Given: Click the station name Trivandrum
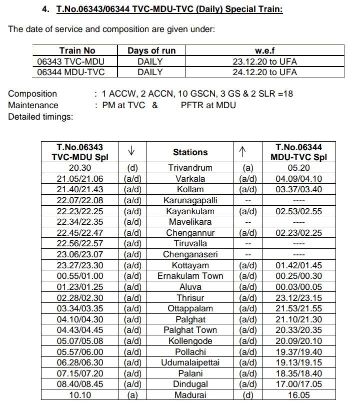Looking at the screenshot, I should pyautogui.click(x=190, y=168).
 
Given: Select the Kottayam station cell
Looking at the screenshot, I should pyautogui.click(x=190, y=265).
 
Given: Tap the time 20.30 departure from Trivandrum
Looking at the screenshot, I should pyautogui.click(x=79, y=168).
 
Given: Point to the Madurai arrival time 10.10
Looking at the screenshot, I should pyautogui.click(x=79, y=395).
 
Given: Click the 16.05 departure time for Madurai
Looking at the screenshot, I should pyautogui.click(x=298, y=395).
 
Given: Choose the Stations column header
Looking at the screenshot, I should pyautogui.click(x=190, y=152).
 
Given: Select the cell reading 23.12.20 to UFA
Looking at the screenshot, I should pyautogui.click(x=264, y=62).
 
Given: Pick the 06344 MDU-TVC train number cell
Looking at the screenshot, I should pyautogui.click(x=70, y=72).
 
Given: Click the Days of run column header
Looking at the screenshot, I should pyautogui.click(x=151, y=51).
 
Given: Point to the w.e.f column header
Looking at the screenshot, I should pyautogui.click(x=264, y=51).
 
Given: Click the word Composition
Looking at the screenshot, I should pyautogui.click(x=32, y=94).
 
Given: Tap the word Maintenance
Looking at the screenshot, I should pyautogui.click(x=33, y=105).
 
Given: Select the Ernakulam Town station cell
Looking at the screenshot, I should pyautogui.click(x=190, y=276).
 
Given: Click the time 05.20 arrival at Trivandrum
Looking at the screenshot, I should pyautogui.click(x=298, y=168).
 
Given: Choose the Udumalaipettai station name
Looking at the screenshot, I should pyautogui.click(x=190, y=362).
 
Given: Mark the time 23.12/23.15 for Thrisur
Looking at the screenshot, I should pyautogui.click(x=298, y=297).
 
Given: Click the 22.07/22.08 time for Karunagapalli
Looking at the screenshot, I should pyautogui.click(x=79, y=200).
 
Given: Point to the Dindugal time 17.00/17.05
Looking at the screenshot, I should pyautogui.click(x=298, y=384).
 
